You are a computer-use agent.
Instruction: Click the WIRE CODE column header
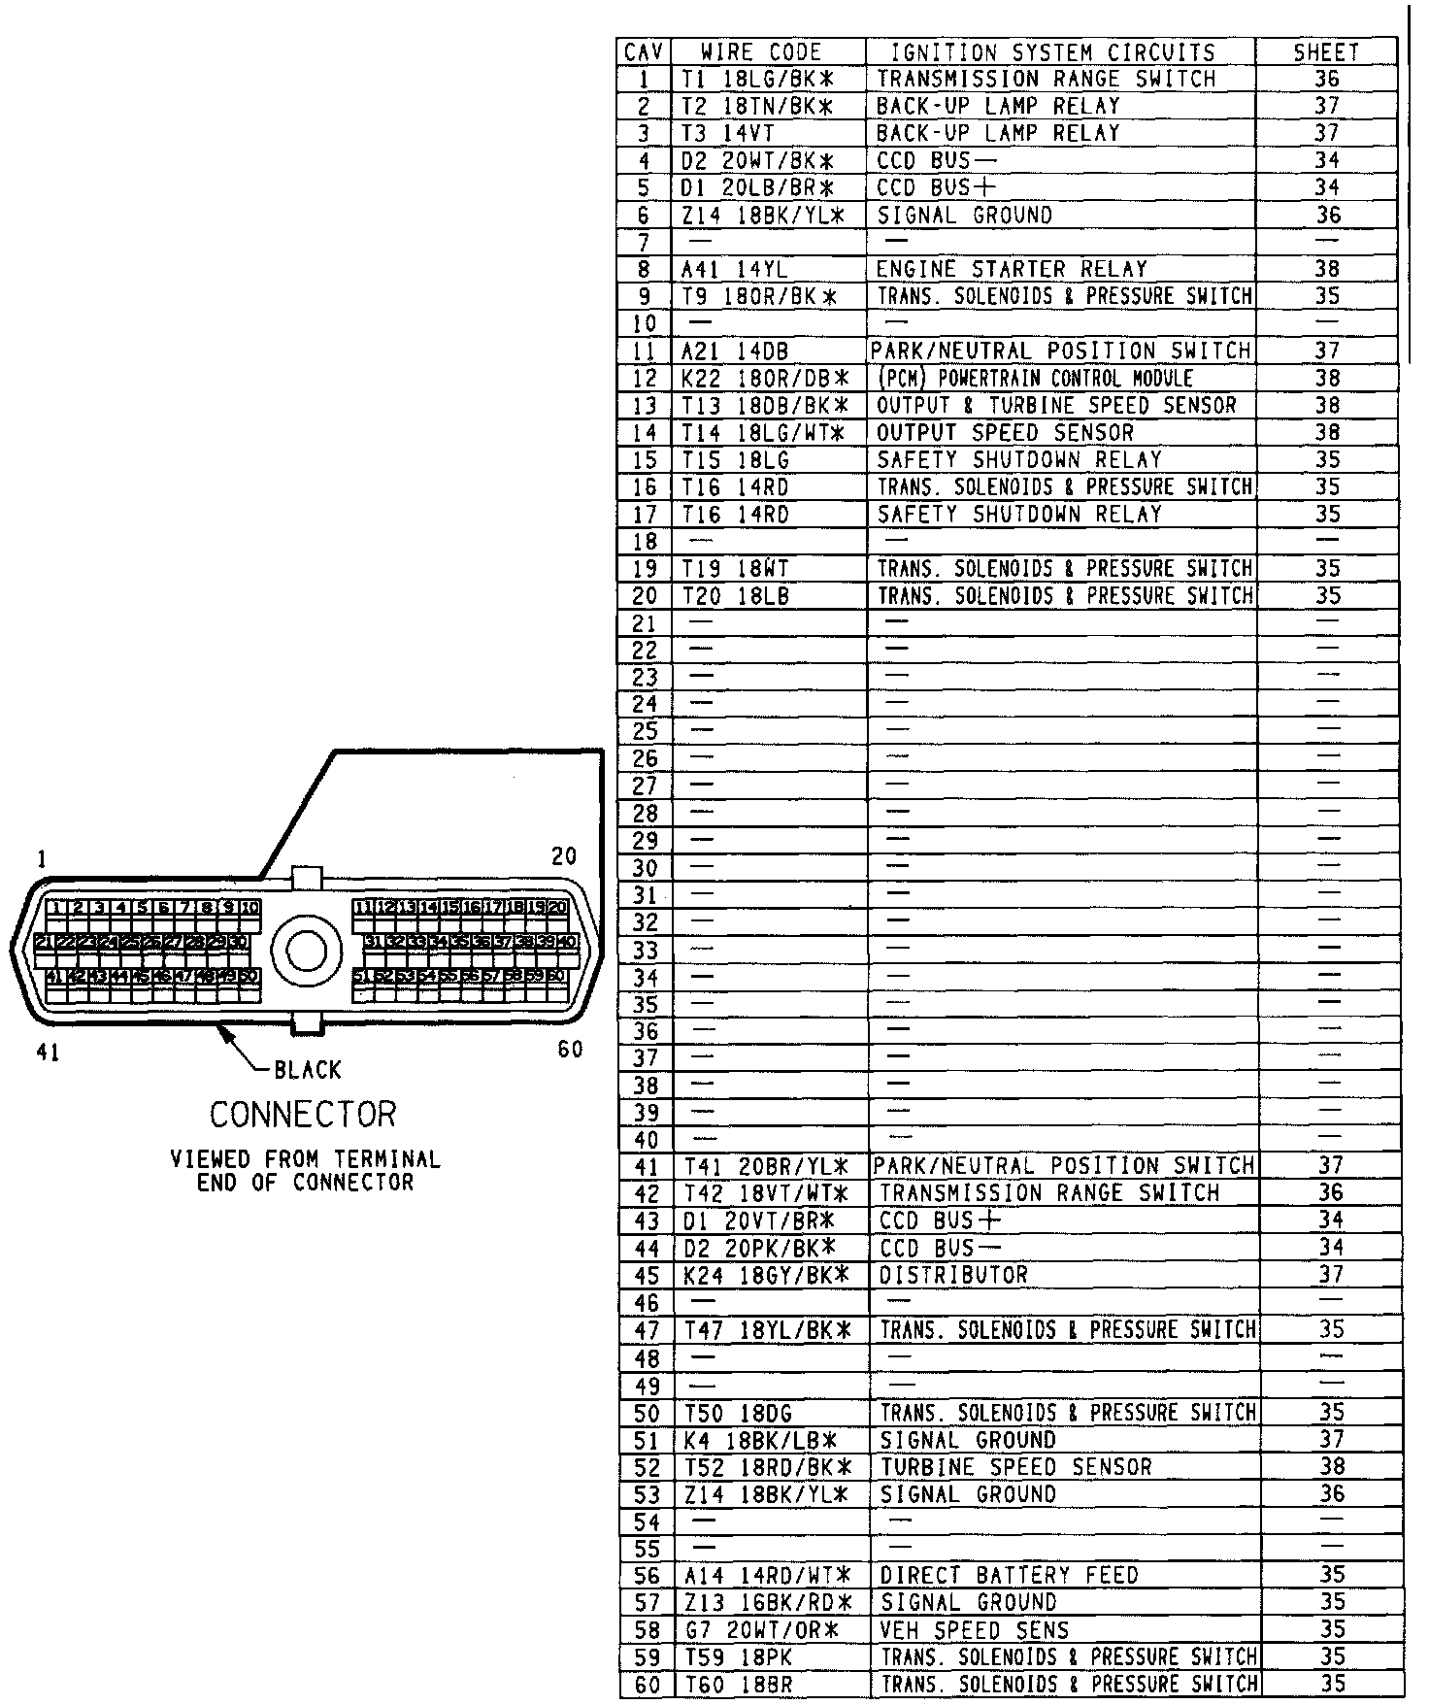761,52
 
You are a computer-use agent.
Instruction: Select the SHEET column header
1326,52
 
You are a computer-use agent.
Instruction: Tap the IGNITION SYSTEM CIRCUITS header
1052,52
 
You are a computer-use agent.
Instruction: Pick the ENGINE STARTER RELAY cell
1012,269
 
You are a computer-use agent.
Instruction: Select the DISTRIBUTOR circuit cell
953,1274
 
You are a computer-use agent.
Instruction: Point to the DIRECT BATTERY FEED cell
1009,1575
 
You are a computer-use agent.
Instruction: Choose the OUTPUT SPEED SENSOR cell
1005,432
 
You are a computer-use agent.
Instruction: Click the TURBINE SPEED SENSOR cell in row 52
1016,1466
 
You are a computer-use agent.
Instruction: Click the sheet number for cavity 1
1326,79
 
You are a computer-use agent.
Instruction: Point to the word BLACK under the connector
308,1070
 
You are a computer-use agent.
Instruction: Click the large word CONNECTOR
303,1115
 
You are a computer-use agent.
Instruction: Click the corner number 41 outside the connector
47,1053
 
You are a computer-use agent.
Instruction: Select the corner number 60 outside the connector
570,1050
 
